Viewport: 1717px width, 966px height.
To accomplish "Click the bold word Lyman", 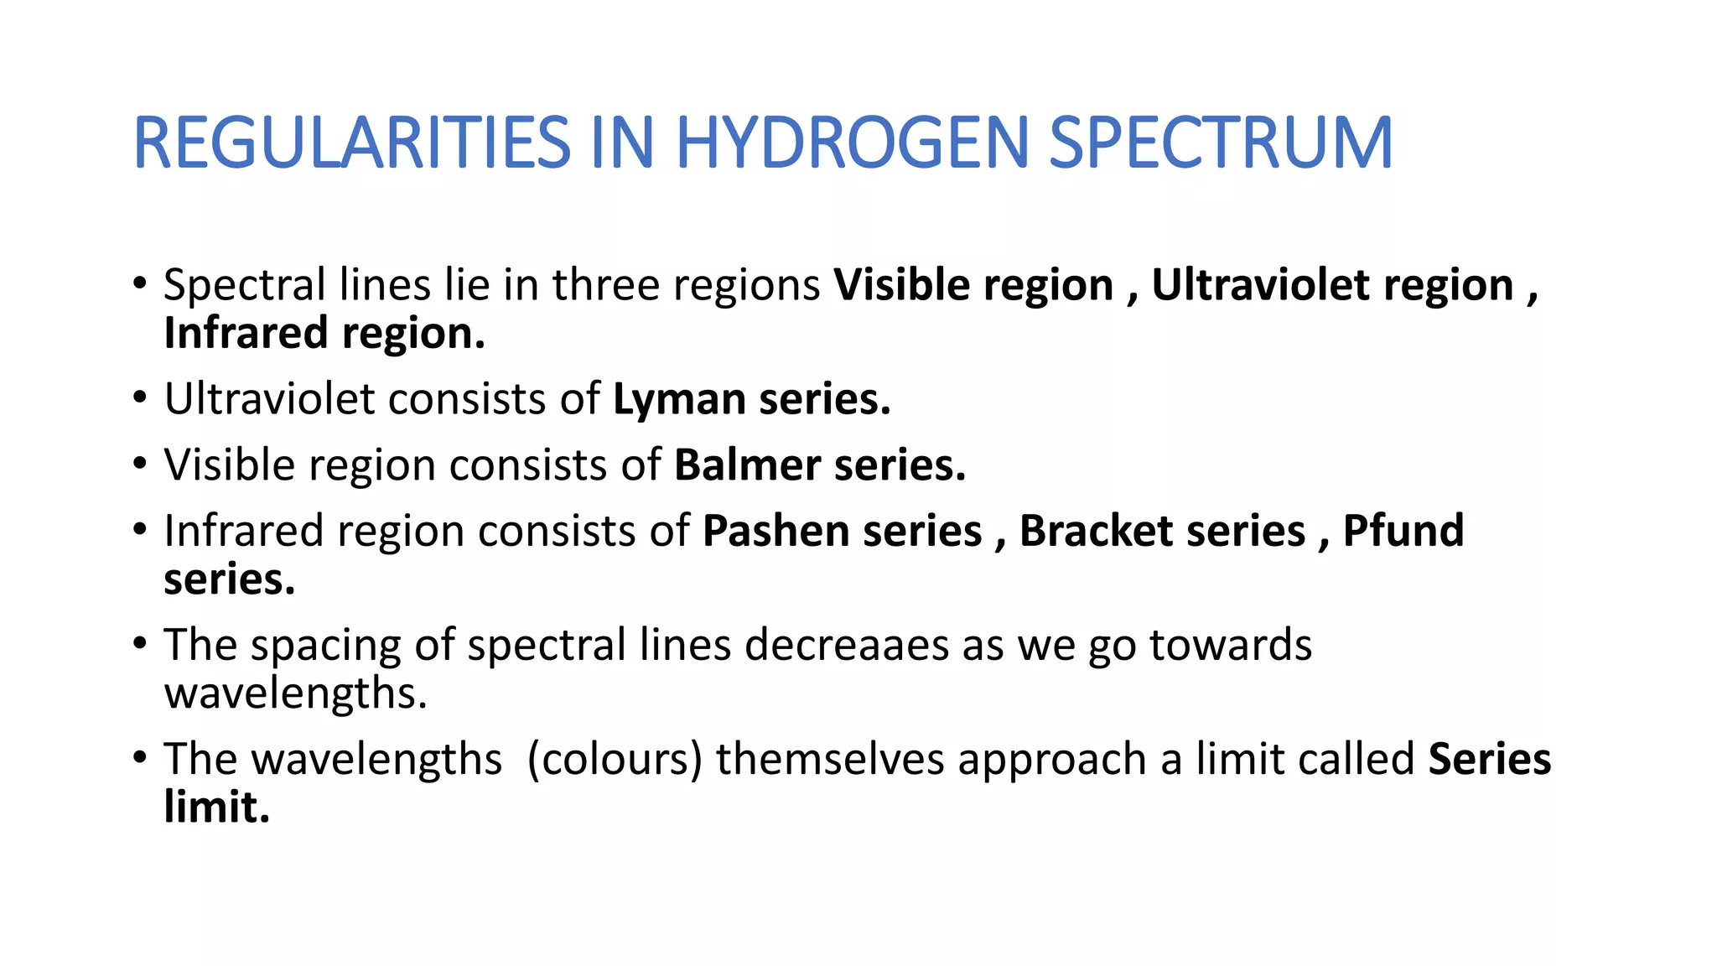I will [679, 400].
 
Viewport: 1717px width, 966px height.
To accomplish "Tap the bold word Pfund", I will [1403, 531].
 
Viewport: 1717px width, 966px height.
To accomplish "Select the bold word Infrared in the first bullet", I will [246, 333].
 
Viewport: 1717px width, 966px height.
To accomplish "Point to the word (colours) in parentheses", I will [615, 759].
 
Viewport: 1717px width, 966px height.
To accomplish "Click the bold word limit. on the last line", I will [216, 808].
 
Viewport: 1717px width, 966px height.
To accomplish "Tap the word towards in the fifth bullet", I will [1230, 645].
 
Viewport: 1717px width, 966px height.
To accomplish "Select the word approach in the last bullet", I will [1052, 761].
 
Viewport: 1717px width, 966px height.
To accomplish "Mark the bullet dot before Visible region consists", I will [139, 464].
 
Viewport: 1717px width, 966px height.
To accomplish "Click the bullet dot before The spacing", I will [139, 644].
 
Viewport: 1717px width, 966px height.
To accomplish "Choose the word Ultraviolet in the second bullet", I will [269, 399].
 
